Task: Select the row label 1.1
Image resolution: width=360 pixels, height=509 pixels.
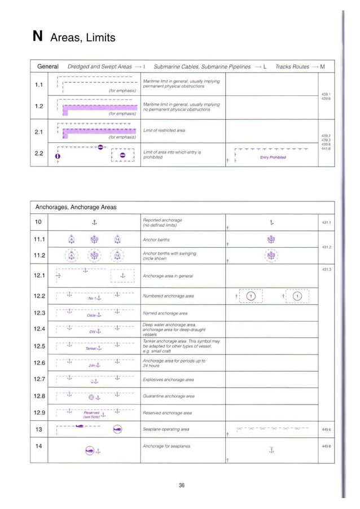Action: pos(39,84)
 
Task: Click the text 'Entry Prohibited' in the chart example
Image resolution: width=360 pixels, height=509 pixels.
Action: pos(273,157)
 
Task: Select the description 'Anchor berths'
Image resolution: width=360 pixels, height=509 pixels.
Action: pos(156,239)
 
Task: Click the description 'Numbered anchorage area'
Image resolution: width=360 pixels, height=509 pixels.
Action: pos(168,296)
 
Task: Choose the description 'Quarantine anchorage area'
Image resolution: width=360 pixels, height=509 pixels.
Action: pos(169,396)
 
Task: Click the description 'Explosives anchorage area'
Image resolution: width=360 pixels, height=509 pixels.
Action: pos(168,380)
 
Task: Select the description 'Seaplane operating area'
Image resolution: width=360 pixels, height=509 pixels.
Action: pos(166,429)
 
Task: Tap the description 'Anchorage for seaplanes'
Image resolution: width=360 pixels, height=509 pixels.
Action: pos(166,446)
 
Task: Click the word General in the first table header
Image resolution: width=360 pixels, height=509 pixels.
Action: pos(48,67)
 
